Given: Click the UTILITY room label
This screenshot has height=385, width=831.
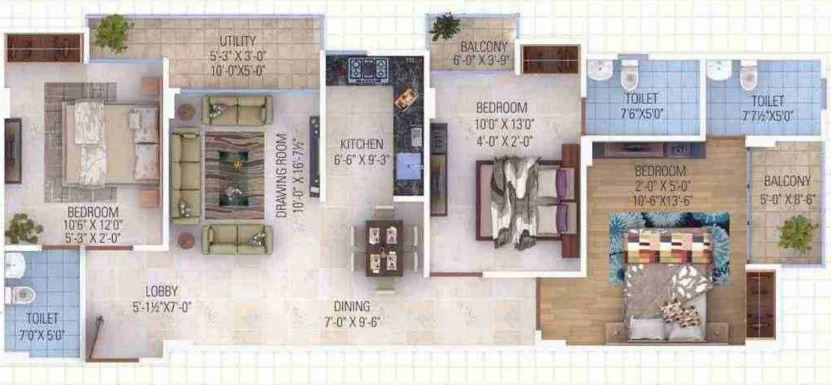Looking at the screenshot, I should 238,41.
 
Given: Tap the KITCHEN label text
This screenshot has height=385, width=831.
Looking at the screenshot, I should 362,145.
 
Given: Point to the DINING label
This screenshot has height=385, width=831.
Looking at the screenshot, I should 352,306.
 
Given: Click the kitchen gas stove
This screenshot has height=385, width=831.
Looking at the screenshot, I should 368,69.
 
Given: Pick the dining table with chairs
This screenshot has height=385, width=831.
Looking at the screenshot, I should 383,247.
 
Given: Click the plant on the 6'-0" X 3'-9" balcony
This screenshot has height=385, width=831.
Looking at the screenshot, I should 445,26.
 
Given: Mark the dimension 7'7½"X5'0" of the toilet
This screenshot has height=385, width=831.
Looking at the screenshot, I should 767,116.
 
